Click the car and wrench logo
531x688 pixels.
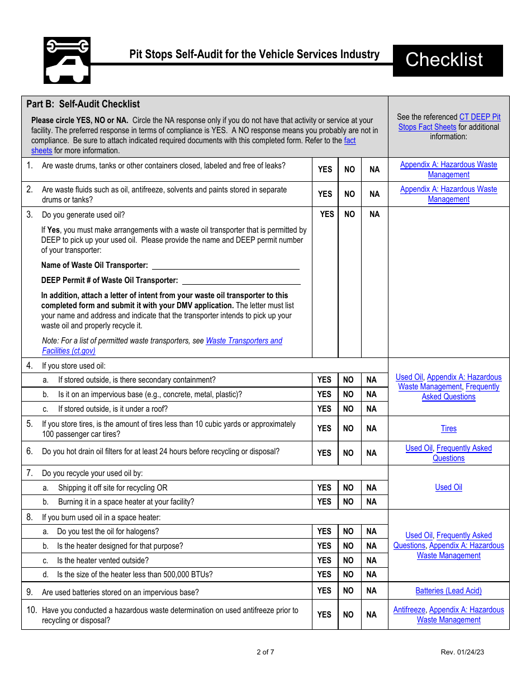point(67,60)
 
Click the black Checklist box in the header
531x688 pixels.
point(447,60)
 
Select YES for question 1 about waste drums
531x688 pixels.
point(325,169)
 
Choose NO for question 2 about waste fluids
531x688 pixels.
point(349,194)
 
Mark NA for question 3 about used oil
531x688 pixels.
point(374,214)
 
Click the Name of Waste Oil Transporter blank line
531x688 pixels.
point(225,266)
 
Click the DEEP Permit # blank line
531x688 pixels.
point(241,281)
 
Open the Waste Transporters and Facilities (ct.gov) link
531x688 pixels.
point(244,341)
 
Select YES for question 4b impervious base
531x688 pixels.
point(324,394)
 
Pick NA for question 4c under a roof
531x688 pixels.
point(372,409)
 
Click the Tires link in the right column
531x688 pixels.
point(448,428)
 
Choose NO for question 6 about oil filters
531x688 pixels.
point(348,453)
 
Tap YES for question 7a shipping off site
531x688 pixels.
point(324,488)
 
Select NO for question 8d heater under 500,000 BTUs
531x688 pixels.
point(348,574)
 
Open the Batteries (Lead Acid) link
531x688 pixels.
point(448,591)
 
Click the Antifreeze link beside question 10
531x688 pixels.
point(409,610)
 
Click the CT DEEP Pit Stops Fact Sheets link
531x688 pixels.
point(480,117)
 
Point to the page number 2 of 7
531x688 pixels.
point(265,652)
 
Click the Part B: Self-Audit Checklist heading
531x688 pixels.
point(83,104)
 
